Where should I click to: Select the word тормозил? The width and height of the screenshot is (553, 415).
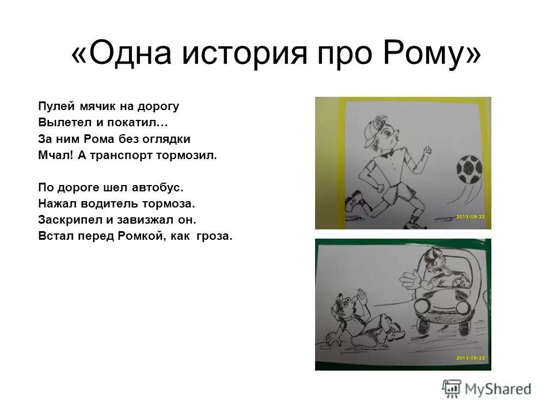[x=192, y=155]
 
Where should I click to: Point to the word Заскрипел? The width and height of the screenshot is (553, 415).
[x=67, y=220]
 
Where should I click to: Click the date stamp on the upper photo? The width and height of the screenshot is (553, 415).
[x=471, y=216]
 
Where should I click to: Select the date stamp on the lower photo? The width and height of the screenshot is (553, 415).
[x=471, y=358]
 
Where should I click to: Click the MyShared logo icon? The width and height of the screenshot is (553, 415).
[x=452, y=388]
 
